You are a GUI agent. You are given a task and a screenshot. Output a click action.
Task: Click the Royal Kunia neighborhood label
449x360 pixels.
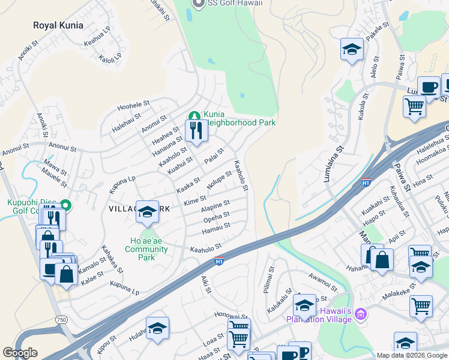pos(58,25)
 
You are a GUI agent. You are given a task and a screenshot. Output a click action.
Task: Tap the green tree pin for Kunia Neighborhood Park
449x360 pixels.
pos(194,115)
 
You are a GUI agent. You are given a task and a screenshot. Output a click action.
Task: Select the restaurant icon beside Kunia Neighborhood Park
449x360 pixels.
pos(196,130)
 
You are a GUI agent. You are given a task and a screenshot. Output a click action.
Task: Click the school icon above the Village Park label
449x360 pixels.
pos(147,212)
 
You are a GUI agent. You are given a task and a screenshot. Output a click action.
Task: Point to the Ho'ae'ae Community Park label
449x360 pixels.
pos(140,249)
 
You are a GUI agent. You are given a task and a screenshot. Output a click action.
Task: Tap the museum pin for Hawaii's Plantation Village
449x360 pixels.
pos(360,314)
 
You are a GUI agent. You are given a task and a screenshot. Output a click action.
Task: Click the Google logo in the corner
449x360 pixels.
pos(20,353)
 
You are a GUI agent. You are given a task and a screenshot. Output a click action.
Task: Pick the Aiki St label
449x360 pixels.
pos(206,285)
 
